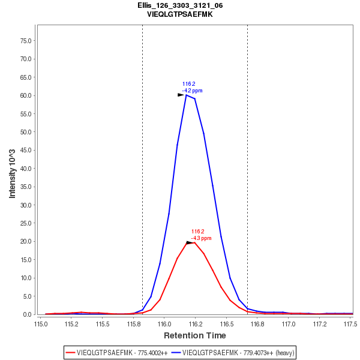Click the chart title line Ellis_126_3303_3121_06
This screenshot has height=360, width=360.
click(180, 5)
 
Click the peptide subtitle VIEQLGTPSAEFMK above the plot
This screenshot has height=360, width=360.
click(180, 14)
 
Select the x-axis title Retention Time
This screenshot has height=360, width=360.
click(195, 335)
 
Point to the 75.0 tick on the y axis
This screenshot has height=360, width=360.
click(25, 41)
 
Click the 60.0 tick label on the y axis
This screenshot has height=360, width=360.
click(25, 95)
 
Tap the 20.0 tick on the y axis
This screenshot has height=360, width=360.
click(25, 241)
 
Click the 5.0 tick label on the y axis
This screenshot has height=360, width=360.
click(27, 296)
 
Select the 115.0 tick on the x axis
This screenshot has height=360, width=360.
click(41, 323)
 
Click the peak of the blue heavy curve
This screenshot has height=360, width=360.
click(187, 95)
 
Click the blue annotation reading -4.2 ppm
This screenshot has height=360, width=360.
click(192, 91)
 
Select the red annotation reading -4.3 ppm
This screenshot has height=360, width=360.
click(201, 238)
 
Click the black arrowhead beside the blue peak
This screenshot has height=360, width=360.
click(181, 95)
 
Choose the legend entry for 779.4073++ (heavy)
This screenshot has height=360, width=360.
click(233, 352)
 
